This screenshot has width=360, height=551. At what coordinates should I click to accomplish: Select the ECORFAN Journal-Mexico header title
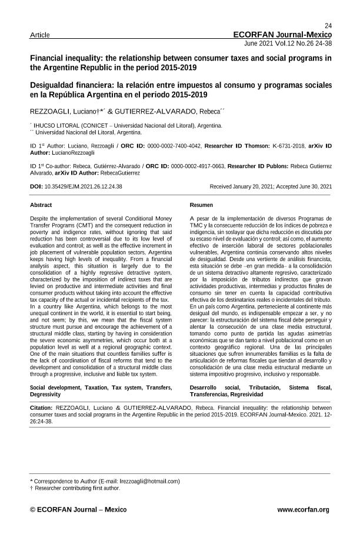coord(282,35)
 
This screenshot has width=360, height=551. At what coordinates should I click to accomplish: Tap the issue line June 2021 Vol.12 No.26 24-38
coord(287,44)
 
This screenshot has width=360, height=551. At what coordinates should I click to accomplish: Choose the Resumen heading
coord(201,205)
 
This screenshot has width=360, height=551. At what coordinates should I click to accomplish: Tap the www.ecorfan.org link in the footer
coord(303,509)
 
